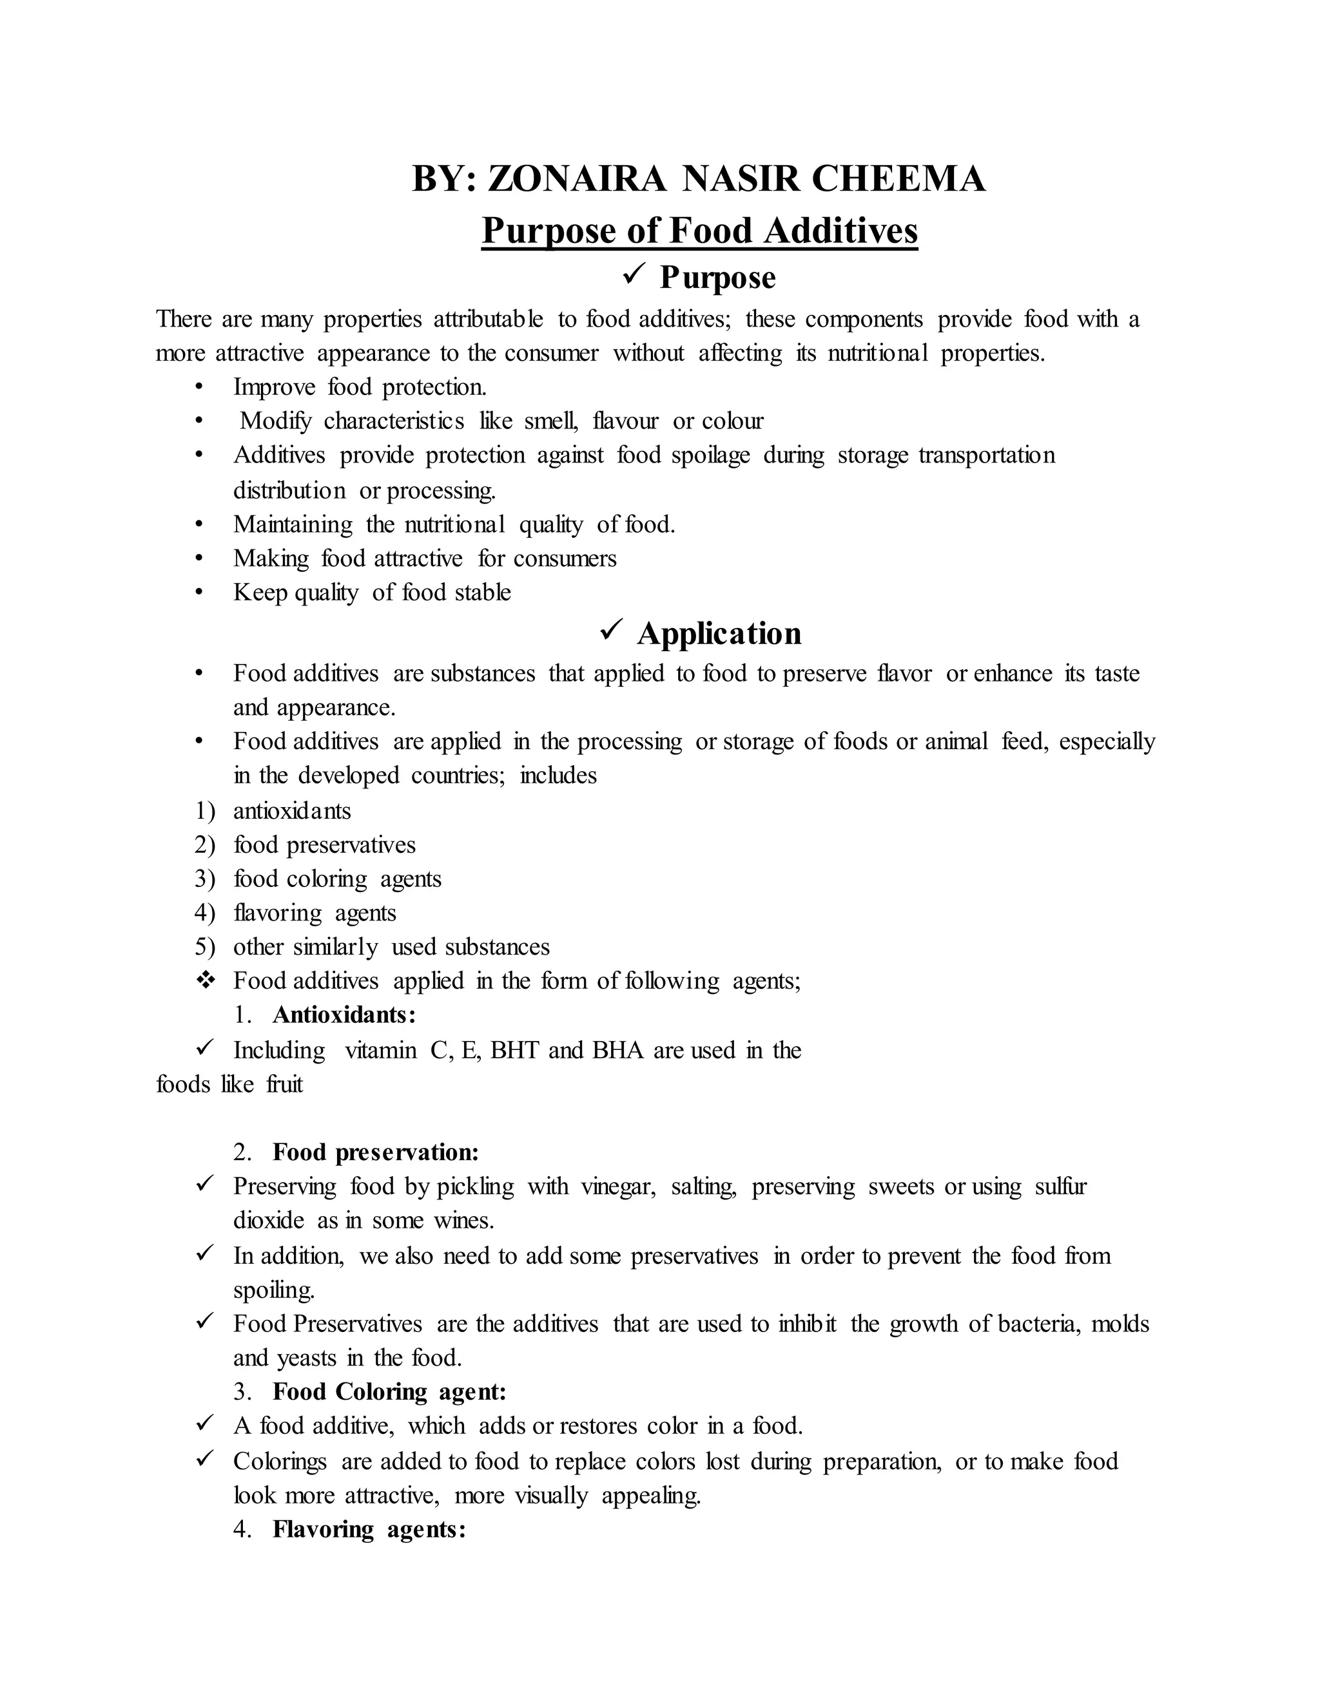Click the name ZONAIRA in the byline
(x=576, y=179)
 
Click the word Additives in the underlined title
(x=840, y=231)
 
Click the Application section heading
(x=719, y=633)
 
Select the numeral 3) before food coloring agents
(x=204, y=879)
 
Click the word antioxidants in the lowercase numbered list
(x=292, y=810)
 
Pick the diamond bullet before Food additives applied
(x=206, y=980)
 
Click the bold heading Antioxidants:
(x=344, y=1015)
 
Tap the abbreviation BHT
(x=514, y=1050)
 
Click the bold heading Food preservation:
(x=375, y=1152)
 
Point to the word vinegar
(x=617, y=1187)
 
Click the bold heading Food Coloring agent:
(x=389, y=1392)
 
